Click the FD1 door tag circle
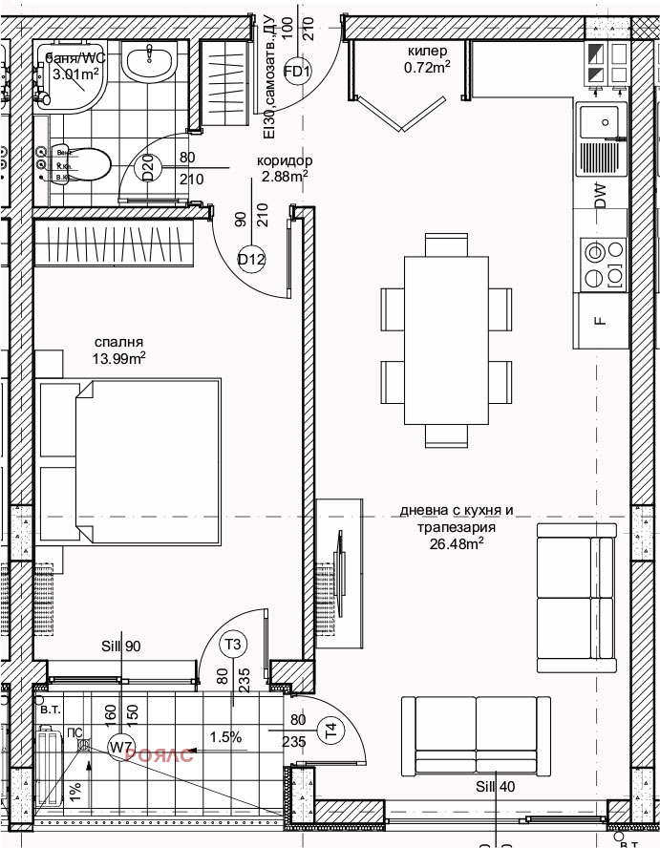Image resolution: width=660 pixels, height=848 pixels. pos(299,71)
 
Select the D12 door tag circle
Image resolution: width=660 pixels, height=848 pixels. pos(251,258)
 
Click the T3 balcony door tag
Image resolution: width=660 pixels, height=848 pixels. pos(232,643)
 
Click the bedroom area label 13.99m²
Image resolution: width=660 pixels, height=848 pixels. pos(119,359)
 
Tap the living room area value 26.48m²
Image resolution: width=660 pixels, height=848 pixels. pos(457,545)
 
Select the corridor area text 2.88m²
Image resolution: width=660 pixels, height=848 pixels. pos(285,177)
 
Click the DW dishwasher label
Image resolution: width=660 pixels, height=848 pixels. pos(600,197)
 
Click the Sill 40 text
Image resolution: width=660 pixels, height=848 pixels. pos(495,786)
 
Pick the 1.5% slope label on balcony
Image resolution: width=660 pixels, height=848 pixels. pos(226,737)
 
